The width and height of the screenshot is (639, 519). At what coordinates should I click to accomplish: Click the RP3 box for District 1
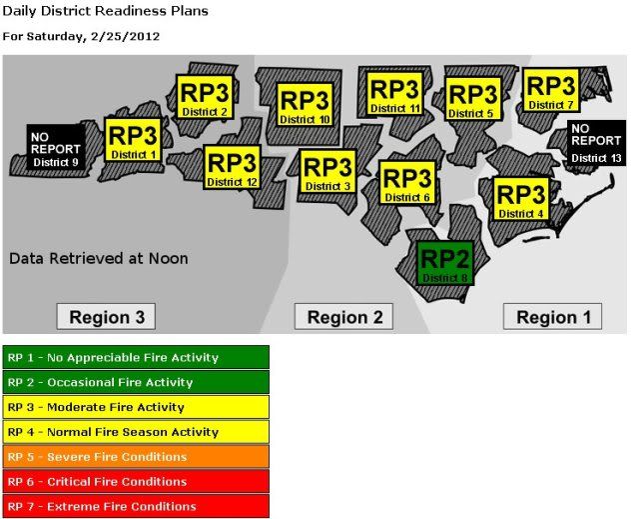point(133,142)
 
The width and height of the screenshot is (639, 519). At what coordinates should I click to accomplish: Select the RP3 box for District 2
point(205,97)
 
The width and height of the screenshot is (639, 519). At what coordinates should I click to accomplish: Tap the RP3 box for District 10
point(305,106)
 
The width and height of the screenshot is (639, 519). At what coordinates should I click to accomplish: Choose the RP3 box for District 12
point(232,168)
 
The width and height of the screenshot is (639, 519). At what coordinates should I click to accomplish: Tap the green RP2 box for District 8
point(445,263)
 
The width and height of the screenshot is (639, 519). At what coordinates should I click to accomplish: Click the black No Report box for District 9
point(56,149)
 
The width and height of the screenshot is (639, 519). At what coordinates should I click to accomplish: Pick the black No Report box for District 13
point(596,142)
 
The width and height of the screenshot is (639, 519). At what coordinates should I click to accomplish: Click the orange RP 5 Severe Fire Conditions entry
point(136,457)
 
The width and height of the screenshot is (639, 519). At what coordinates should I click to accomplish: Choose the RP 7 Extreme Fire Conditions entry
point(136,506)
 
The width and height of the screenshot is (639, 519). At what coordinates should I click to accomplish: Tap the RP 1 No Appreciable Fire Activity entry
point(136,357)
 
